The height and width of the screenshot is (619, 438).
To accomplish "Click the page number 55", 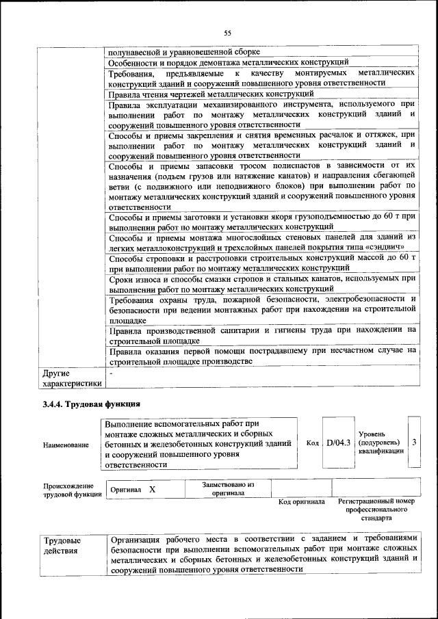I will point(228,32).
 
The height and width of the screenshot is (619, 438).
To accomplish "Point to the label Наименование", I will point(66,445).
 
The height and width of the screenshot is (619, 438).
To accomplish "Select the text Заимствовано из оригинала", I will point(228,488).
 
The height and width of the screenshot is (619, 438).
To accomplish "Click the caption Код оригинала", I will point(301,501).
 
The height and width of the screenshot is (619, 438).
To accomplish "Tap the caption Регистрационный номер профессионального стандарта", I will point(376,510).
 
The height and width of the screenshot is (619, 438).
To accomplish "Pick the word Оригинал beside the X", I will point(125,490).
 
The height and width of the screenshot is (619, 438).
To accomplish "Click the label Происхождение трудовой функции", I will point(68,489).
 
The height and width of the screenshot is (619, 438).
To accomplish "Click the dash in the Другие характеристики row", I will point(111,374).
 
